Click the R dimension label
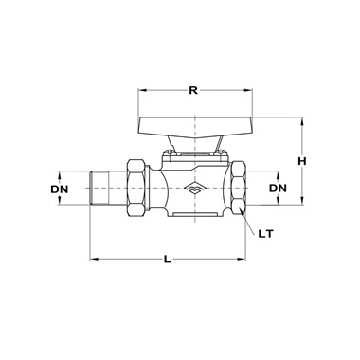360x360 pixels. (x=193, y=91)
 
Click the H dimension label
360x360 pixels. (x=302, y=161)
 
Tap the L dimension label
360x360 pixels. (x=168, y=260)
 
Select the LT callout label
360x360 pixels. (x=265, y=234)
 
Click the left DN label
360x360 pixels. (x=60, y=189)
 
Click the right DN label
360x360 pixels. (x=278, y=189)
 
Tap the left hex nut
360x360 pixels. (x=136, y=188)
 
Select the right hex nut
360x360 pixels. (x=238, y=188)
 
